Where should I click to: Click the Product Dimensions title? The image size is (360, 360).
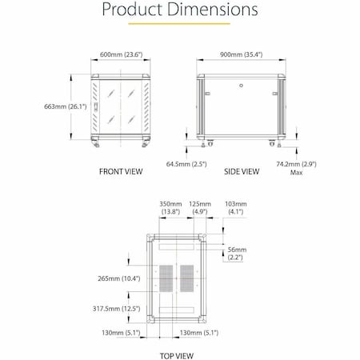[x=179, y=11]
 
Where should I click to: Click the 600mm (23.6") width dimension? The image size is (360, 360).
[x=120, y=55]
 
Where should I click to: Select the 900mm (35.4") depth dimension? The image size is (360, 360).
[x=241, y=55]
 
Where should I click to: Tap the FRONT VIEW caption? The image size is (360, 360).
[x=121, y=171]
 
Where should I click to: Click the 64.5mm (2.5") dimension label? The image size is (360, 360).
[x=187, y=164]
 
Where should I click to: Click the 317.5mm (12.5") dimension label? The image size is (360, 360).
[x=117, y=307]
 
